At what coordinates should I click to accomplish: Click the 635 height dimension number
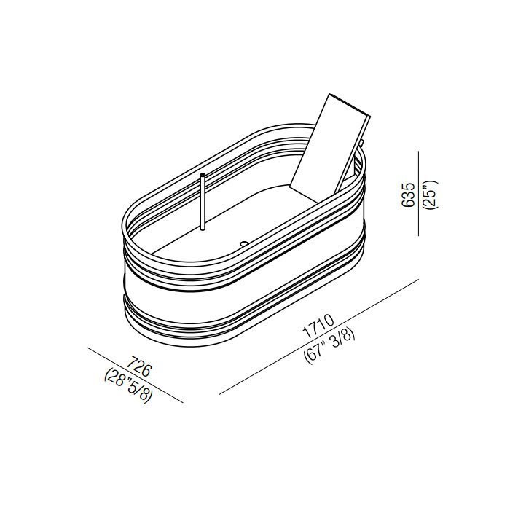408,195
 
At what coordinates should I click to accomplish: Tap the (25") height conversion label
431,195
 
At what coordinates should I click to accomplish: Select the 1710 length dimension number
318,326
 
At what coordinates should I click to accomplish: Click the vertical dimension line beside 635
419,194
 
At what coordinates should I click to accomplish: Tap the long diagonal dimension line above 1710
319,337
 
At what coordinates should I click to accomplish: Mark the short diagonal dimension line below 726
136,375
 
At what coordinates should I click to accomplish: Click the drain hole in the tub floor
243,243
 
